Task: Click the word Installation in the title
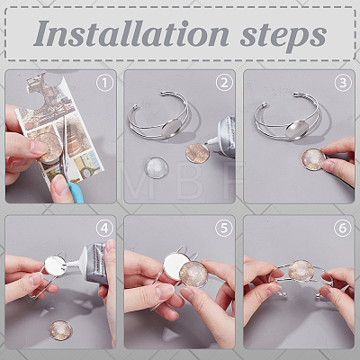[x=132, y=33]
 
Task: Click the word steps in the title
[x=283, y=36]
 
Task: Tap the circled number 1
[x=104, y=83]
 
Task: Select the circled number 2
[x=224, y=83]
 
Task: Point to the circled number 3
[x=343, y=83]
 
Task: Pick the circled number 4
[x=104, y=229]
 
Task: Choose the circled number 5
[x=224, y=229]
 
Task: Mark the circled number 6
[x=343, y=229]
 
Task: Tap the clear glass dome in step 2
[x=157, y=168]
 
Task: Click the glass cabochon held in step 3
[x=314, y=159]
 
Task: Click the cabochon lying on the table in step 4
[x=61, y=330]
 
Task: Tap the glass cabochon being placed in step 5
[x=193, y=274]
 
